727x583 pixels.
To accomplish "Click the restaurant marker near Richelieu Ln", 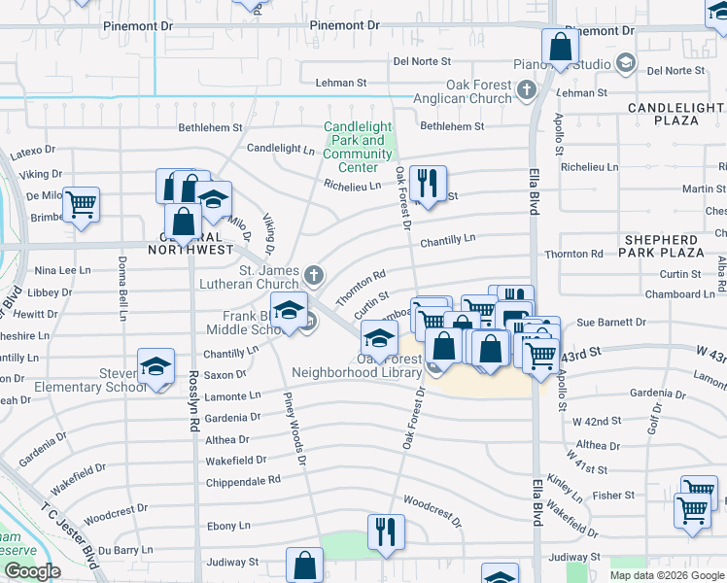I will [428, 182].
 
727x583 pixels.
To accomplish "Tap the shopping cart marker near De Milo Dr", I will [82, 204].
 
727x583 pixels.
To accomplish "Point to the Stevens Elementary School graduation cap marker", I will [156, 366].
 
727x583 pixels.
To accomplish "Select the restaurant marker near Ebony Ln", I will [386, 532].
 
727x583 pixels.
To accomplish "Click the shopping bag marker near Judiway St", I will [305, 565].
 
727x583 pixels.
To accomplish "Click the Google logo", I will [32, 571].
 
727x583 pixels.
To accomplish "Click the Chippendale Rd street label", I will [243, 480].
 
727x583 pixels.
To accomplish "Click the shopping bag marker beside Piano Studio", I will [560, 47].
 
